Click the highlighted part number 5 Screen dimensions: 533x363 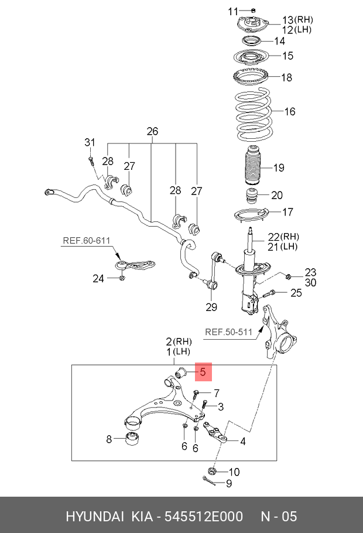[x=203, y=371]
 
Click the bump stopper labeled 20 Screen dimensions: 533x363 [x=252, y=195]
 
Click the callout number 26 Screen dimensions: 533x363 [x=152, y=131]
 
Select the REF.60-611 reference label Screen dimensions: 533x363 [x=86, y=240]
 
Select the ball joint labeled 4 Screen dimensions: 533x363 [x=216, y=434]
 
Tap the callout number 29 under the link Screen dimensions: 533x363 [x=211, y=307]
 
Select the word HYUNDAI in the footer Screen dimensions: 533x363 [x=94, y=516]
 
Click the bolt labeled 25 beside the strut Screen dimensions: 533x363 [x=270, y=294]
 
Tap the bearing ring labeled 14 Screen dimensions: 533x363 [x=252, y=41]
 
